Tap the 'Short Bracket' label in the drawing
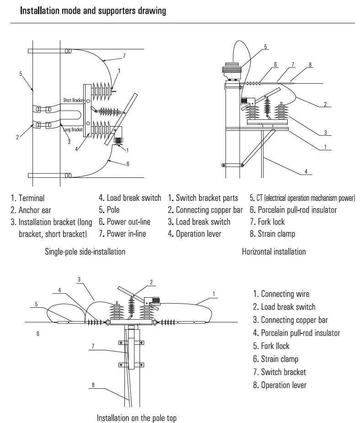pyautogui.click(x=72, y=100)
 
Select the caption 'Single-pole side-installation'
pyautogui.click(x=85, y=251)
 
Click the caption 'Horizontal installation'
pyautogui.click(x=274, y=251)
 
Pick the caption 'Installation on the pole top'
pyautogui.click(x=136, y=418)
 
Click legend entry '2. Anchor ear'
pyautogui.click(x=31, y=210)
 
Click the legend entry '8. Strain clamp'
pyautogui.click(x=272, y=234)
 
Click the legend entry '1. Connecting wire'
pyautogui.click(x=281, y=294)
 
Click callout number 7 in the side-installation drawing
pyautogui.click(x=124, y=56)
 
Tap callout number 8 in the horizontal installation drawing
pyautogui.click(x=310, y=64)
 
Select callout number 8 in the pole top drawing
pyautogui.click(x=93, y=385)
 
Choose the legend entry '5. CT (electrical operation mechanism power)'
pyautogui.click(x=302, y=198)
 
